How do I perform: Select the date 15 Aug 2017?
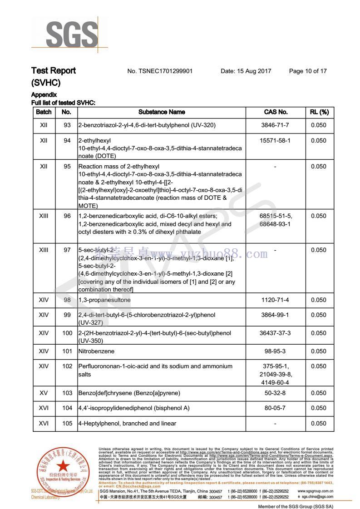(246, 71)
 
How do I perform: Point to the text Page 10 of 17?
(308, 71)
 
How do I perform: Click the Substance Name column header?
(162, 112)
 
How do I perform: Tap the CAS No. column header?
(276, 112)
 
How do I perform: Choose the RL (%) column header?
(319, 112)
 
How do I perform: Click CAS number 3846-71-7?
(276, 125)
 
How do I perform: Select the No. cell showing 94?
(67, 141)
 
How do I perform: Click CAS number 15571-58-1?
(276, 141)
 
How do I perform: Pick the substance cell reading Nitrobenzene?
(96, 351)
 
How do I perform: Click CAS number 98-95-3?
(276, 351)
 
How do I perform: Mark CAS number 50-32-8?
(276, 393)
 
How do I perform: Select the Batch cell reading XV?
(44, 393)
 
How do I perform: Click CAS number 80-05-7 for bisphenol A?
(276, 408)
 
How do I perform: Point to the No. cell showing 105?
(67, 424)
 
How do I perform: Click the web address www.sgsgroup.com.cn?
(316, 491)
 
